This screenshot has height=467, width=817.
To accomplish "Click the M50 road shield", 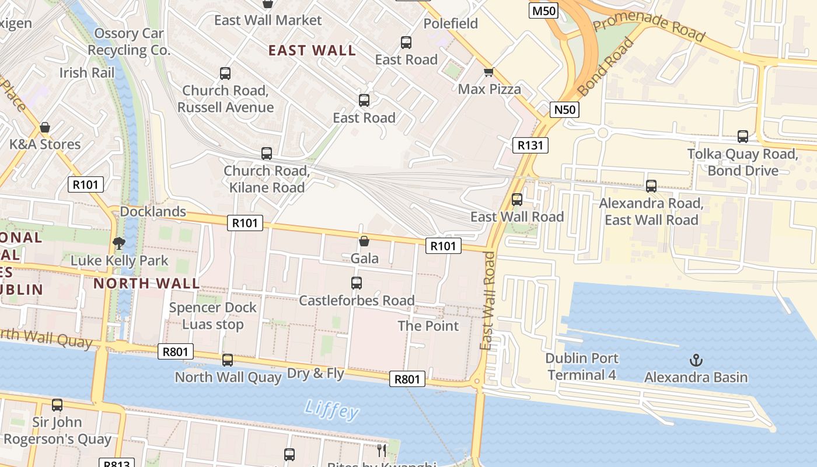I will (543, 10).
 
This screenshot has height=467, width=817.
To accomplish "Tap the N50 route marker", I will (564, 109).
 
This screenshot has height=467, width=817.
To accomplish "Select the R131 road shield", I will (530, 145).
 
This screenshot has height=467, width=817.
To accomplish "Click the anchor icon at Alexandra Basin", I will (696, 360).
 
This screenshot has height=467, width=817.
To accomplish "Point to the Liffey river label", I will (331, 409).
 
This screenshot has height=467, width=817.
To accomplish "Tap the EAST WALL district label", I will (312, 50).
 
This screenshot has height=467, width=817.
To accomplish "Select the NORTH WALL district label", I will (146, 284).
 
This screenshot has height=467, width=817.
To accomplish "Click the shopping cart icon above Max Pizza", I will (488, 72).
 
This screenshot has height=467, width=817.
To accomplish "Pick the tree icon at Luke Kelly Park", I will (119, 243).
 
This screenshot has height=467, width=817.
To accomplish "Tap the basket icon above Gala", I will (364, 241).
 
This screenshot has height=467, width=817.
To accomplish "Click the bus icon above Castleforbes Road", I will (357, 283).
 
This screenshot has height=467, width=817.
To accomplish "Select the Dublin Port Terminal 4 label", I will (582, 367).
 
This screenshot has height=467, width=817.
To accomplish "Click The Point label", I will (428, 326).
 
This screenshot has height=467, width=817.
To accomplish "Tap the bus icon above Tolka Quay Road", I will (742, 137).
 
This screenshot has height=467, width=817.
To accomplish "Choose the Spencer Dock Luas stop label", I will (212, 316).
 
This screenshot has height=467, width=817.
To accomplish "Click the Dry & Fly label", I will (316, 373).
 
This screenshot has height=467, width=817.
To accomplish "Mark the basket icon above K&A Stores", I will (45, 127).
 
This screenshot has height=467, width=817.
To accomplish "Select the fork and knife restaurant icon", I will (382, 450).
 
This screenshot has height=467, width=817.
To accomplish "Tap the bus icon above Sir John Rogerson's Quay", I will (57, 405).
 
